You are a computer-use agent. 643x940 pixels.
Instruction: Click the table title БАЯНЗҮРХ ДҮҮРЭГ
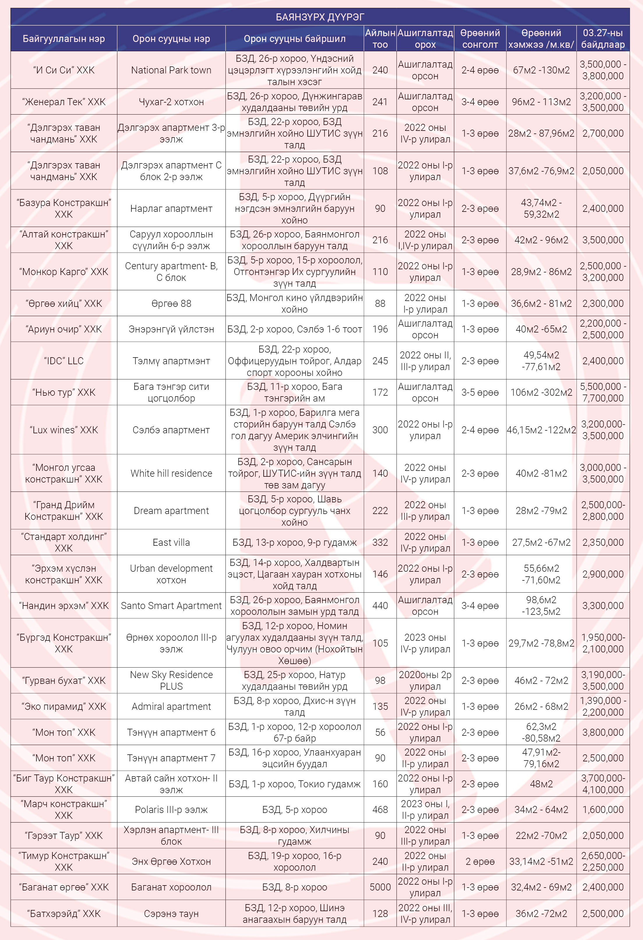320,17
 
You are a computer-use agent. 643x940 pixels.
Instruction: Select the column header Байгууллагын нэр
64,39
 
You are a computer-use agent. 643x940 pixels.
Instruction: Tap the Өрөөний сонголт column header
480,39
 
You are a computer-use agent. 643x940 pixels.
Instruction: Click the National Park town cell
171,70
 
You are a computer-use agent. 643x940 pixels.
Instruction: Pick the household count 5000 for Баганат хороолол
380,887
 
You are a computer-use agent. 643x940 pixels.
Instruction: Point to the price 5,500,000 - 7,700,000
603,392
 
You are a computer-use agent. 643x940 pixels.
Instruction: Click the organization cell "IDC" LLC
64,361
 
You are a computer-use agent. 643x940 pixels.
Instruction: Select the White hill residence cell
171,473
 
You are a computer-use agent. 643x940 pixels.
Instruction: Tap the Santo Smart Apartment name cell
171,605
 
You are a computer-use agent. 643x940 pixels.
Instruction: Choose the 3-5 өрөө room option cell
480,392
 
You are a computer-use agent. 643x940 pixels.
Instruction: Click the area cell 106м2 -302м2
541,392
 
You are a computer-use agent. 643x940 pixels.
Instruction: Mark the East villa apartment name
171,542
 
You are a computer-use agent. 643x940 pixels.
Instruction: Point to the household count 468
380,809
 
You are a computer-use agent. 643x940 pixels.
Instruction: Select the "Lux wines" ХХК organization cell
64,430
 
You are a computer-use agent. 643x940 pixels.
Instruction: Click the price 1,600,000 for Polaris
603,809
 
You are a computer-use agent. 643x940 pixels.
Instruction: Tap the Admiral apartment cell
171,706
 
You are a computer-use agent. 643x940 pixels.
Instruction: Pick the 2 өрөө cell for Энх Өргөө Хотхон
480,862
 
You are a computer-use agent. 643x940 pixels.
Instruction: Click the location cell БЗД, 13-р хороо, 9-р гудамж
295,542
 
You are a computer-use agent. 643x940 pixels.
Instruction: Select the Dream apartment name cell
171,511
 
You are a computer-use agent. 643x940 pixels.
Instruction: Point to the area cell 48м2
541,784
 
